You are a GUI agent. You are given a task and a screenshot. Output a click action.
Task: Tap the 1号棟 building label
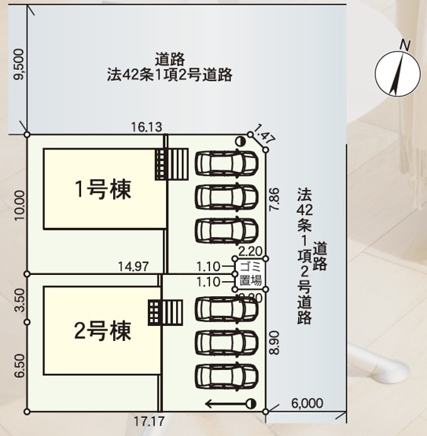(102, 189)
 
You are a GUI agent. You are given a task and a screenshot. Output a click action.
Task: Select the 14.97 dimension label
(132, 267)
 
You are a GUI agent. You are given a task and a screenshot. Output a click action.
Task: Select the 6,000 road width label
(307, 403)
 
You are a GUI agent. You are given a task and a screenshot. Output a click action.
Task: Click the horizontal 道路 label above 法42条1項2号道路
(170, 57)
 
